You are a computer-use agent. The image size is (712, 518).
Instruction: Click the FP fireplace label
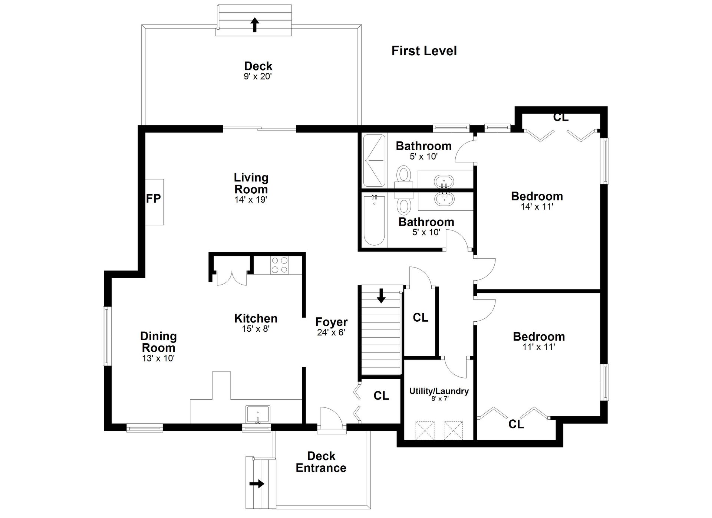(154, 199)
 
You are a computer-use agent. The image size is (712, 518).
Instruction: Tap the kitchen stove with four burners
(280, 265)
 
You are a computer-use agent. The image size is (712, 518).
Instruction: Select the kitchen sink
(258, 414)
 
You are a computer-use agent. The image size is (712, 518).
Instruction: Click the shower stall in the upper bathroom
(374, 160)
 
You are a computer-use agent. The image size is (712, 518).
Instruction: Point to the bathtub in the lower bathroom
(374, 220)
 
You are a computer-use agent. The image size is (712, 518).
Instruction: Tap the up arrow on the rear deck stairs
(254, 25)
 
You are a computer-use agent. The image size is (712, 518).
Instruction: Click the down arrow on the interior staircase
(381, 296)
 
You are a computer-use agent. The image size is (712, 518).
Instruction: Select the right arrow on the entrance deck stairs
(257, 483)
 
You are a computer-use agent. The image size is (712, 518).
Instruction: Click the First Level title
(424, 51)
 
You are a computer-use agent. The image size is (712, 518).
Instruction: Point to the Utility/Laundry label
(439, 391)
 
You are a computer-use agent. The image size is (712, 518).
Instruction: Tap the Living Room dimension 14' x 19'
(251, 200)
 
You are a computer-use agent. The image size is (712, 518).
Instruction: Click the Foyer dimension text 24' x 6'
(331, 332)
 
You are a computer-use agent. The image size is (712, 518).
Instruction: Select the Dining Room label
(158, 342)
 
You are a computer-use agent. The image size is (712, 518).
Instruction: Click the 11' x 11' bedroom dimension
(539, 347)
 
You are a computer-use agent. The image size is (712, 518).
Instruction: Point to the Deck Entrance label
(321, 462)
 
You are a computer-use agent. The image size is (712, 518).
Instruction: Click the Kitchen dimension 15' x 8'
(256, 329)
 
